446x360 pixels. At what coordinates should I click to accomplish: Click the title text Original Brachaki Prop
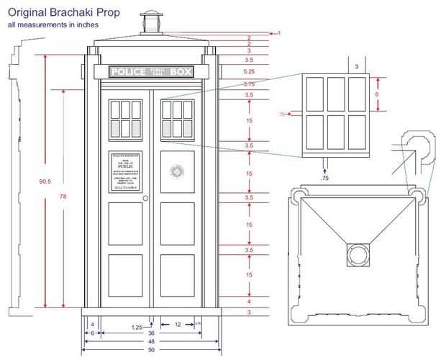[x=64, y=13]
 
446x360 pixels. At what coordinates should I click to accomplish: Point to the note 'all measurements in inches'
[x=53, y=25]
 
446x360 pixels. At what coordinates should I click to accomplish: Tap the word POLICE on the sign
[x=128, y=72]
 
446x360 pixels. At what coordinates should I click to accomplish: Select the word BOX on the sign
[x=181, y=72]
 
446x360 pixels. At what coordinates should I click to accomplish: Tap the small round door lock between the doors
[x=145, y=198]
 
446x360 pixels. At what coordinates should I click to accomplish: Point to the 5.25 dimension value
[x=250, y=72]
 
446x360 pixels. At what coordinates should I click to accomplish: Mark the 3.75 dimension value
[x=250, y=84]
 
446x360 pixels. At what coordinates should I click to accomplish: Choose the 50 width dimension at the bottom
[x=151, y=351]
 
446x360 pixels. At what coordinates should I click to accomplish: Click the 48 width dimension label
[x=151, y=342]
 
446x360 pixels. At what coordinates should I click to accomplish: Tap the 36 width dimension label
[x=151, y=333]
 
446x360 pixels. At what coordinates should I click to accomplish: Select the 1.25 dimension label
[x=137, y=328]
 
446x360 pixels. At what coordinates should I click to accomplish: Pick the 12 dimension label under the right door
[x=177, y=325]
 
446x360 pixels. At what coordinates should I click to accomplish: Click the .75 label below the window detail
[x=324, y=177]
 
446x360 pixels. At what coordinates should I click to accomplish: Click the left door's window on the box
[x=125, y=119]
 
